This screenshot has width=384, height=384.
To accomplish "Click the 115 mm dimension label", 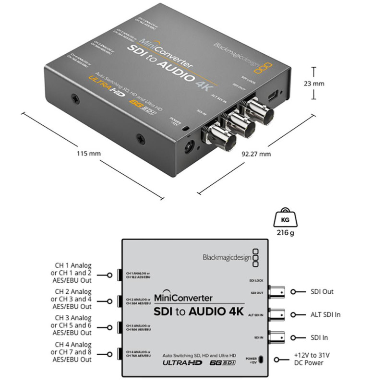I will point(88,154).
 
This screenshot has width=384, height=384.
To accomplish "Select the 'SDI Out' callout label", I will point(322,291).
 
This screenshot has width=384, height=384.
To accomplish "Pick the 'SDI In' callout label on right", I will point(320,338).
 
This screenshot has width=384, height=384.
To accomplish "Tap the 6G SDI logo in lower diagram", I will point(224,363).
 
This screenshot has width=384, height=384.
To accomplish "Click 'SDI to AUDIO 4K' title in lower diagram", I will point(199,311).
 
